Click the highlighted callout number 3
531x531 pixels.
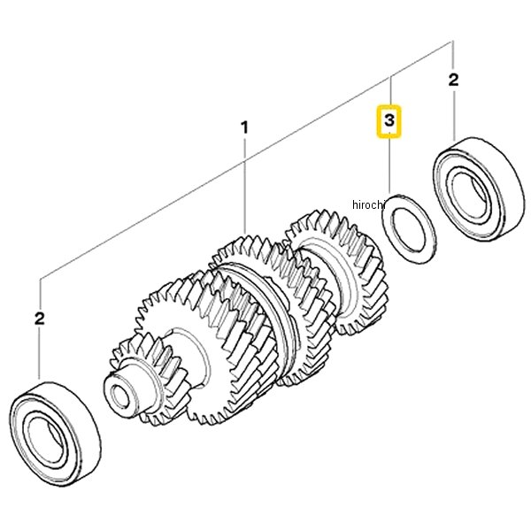[x=389, y=120]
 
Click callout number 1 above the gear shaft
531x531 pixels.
[x=244, y=127]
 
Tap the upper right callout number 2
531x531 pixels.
[x=453, y=80]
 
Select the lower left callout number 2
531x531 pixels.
[x=40, y=319]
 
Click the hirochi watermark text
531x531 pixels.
[x=369, y=204]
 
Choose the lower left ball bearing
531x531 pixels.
[x=55, y=434]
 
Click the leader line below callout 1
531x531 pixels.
[x=245, y=185]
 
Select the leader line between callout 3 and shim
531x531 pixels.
[x=389, y=166]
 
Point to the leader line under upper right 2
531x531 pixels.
[x=453, y=114]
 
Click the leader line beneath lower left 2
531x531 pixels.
[x=40, y=352]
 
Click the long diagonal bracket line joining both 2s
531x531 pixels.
[x=246, y=160]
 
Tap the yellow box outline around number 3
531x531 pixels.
[x=378, y=121]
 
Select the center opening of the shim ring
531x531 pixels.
[x=408, y=230]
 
